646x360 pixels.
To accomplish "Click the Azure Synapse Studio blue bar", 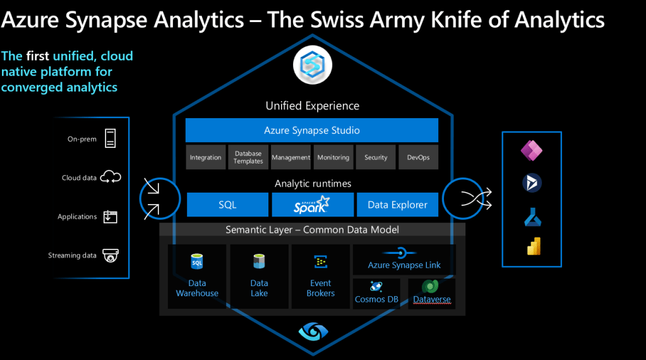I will point(311,130).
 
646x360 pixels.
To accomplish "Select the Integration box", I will point(205,157).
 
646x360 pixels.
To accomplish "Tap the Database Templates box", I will point(248,157).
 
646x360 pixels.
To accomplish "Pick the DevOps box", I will point(418,157).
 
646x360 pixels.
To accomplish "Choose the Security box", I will point(376,157).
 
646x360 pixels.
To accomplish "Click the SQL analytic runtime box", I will point(227,205).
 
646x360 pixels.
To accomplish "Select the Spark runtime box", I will point(312,205).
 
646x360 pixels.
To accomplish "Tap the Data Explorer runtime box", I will point(397,205).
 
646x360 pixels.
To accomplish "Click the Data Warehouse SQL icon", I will point(197,261).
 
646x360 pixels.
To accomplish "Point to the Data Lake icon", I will point(259,261).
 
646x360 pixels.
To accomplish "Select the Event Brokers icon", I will point(320,261).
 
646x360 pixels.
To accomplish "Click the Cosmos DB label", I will point(376,299).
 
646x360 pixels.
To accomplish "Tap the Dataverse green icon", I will point(431,286).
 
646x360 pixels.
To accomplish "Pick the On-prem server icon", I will point(111,138).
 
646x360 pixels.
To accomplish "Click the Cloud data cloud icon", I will point(111,177).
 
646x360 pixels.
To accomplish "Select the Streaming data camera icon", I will point(111,255).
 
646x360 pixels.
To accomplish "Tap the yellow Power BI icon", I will point(534,247).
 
